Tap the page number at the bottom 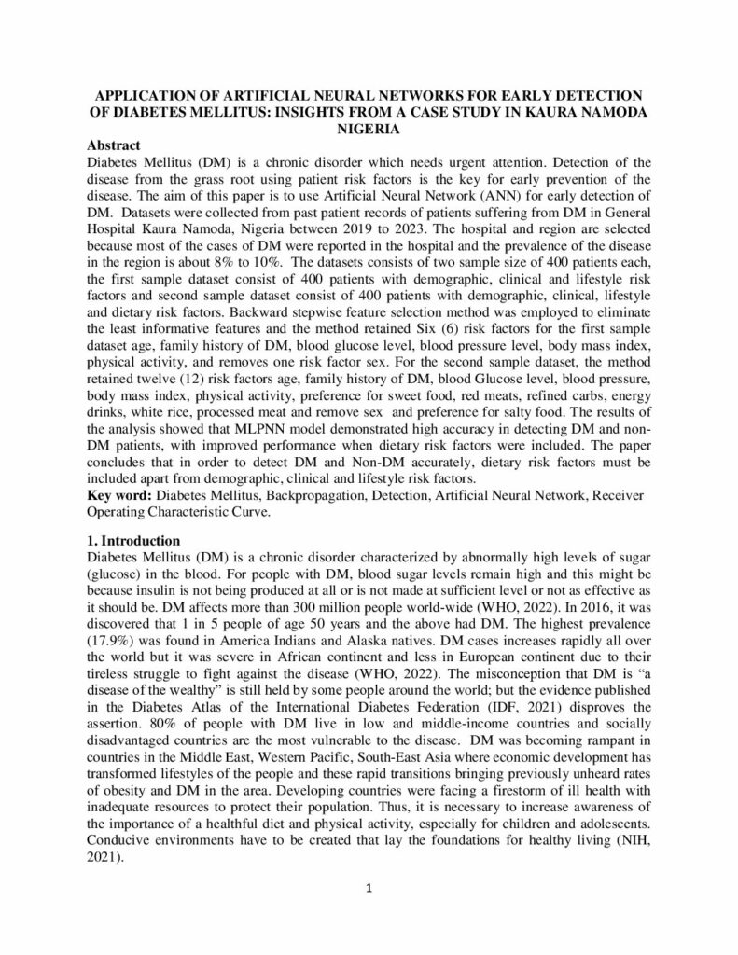369,887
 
